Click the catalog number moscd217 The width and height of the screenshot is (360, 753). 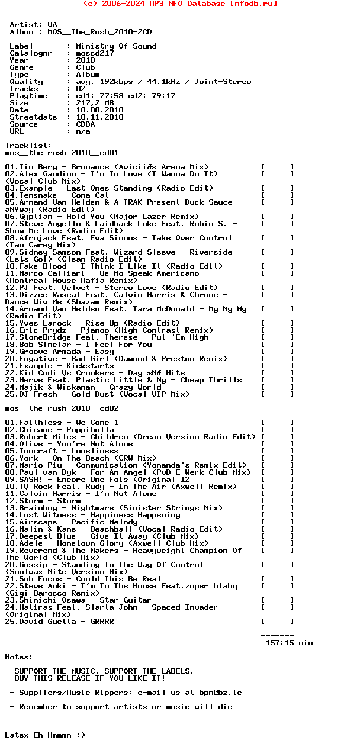coord(95,53)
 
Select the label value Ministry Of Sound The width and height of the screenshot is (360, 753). coord(116,46)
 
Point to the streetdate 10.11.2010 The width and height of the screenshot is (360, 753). coord(99,117)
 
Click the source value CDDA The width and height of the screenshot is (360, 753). coord(85,124)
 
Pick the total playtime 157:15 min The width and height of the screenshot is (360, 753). coord(289,643)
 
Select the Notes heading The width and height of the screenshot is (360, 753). coord(19,657)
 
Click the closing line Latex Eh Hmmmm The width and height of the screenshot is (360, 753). coord(45,735)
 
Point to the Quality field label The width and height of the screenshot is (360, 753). coord(26,82)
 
